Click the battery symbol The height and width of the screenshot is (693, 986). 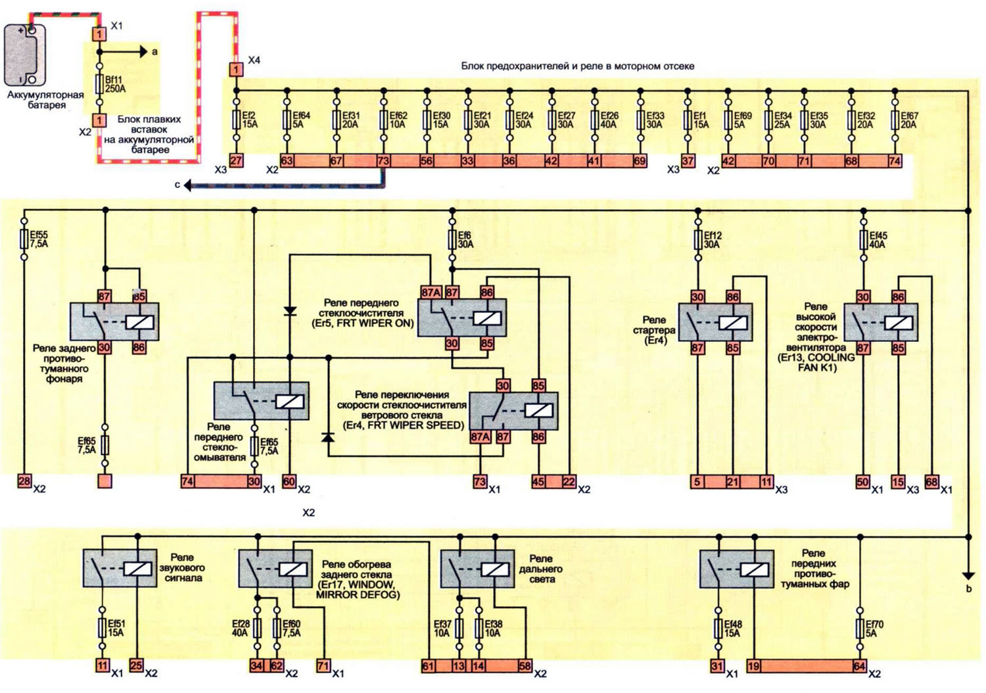pyautogui.click(x=25, y=55)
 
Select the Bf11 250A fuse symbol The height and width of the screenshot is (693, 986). pyautogui.click(x=99, y=84)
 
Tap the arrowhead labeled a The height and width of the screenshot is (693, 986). pyautogui.click(x=143, y=52)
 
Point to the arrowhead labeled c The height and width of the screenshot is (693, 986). pyautogui.click(x=187, y=185)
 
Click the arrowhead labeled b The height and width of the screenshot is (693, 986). pyautogui.click(x=968, y=575)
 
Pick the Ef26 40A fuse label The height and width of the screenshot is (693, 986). pyautogui.click(x=609, y=120)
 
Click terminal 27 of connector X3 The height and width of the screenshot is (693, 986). pyautogui.click(x=236, y=160)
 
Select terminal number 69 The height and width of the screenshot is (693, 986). pyautogui.click(x=640, y=161)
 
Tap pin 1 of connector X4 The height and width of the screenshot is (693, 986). pyautogui.click(x=236, y=70)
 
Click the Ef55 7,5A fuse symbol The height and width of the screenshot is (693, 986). pyautogui.click(x=25, y=239)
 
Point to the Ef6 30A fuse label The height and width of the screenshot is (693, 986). pyautogui.click(x=465, y=239)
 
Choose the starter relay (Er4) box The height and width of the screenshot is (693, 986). pyautogui.click(x=715, y=322)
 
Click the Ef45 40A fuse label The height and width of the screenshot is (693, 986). pyautogui.click(x=878, y=239)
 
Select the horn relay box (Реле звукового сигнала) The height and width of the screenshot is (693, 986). pyautogui.click(x=120, y=568)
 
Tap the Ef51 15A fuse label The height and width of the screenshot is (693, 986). pyautogui.click(x=116, y=629)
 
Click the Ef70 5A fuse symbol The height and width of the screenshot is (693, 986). pyautogui.click(x=860, y=629)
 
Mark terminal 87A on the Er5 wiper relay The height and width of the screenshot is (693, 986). pyautogui.click(x=431, y=293)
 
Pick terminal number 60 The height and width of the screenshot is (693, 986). pyautogui.click(x=289, y=481)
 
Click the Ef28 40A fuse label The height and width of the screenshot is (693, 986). pyautogui.click(x=241, y=629)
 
